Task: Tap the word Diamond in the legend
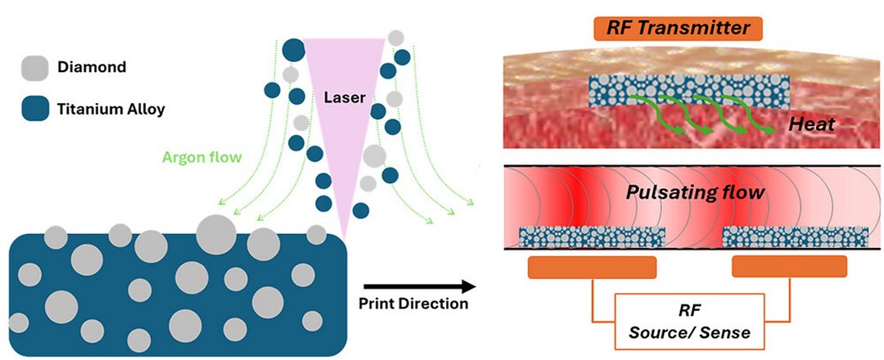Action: point(91,67)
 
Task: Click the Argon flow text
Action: point(208,156)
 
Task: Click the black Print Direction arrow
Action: point(418,286)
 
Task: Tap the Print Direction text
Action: point(413,304)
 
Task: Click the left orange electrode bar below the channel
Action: point(592,267)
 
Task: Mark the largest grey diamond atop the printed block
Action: point(216,232)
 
